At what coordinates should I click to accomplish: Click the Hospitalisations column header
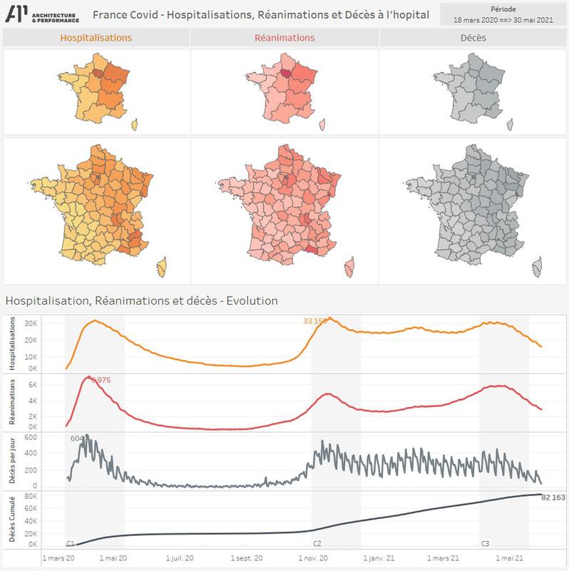pos(96,37)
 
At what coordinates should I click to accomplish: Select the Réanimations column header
pos(284,37)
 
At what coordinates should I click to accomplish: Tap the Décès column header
pos(473,37)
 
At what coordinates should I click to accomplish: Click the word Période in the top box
pos(503,8)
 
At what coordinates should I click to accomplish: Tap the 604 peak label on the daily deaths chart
pos(78,438)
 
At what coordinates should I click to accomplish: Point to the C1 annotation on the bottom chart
pos(71,544)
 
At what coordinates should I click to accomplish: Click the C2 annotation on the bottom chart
pos(317,544)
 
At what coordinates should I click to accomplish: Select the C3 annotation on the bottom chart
pos(485,544)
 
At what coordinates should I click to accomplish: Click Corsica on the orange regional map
pos(134,126)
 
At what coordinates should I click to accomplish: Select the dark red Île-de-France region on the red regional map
pos(286,72)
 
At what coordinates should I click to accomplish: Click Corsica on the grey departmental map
pos(535,268)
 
